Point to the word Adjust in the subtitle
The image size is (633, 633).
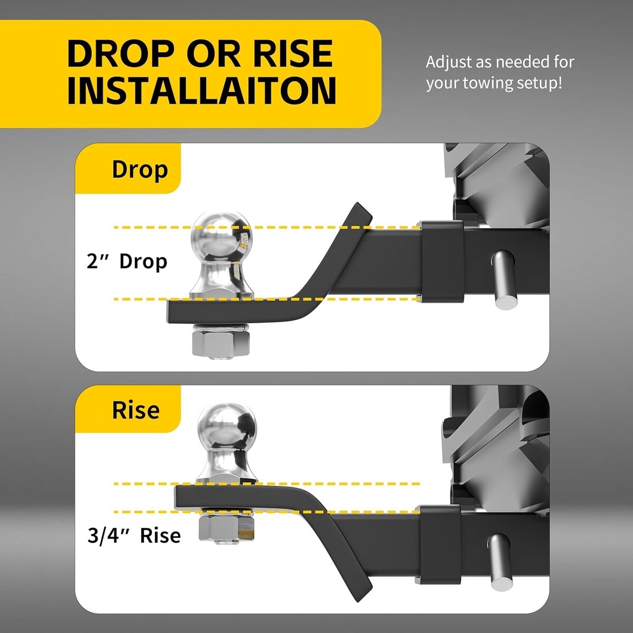click(449, 62)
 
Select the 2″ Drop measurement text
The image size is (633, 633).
click(127, 262)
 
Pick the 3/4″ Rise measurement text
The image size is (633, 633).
click(134, 535)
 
